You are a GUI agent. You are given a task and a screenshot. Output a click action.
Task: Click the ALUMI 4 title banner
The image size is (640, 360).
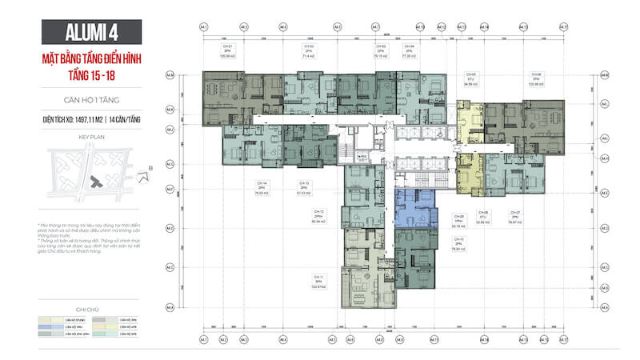(x=90, y=34)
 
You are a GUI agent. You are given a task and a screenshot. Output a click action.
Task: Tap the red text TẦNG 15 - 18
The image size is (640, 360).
(x=90, y=77)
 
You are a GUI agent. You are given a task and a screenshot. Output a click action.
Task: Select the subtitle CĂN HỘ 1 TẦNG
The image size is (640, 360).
(x=90, y=101)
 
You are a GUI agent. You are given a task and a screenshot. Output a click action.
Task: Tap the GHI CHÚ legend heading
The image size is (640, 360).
(x=91, y=306)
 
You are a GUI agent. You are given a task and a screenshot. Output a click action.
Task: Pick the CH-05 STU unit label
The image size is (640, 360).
(x=470, y=78)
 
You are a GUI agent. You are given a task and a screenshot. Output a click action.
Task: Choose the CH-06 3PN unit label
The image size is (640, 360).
(x=536, y=78)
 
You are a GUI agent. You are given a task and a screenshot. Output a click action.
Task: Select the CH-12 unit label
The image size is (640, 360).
(x=318, y=217)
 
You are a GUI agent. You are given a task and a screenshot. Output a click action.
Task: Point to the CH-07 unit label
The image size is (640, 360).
(x=516, y=217)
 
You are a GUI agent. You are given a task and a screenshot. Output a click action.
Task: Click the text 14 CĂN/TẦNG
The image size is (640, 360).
(x=120, y=118)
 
